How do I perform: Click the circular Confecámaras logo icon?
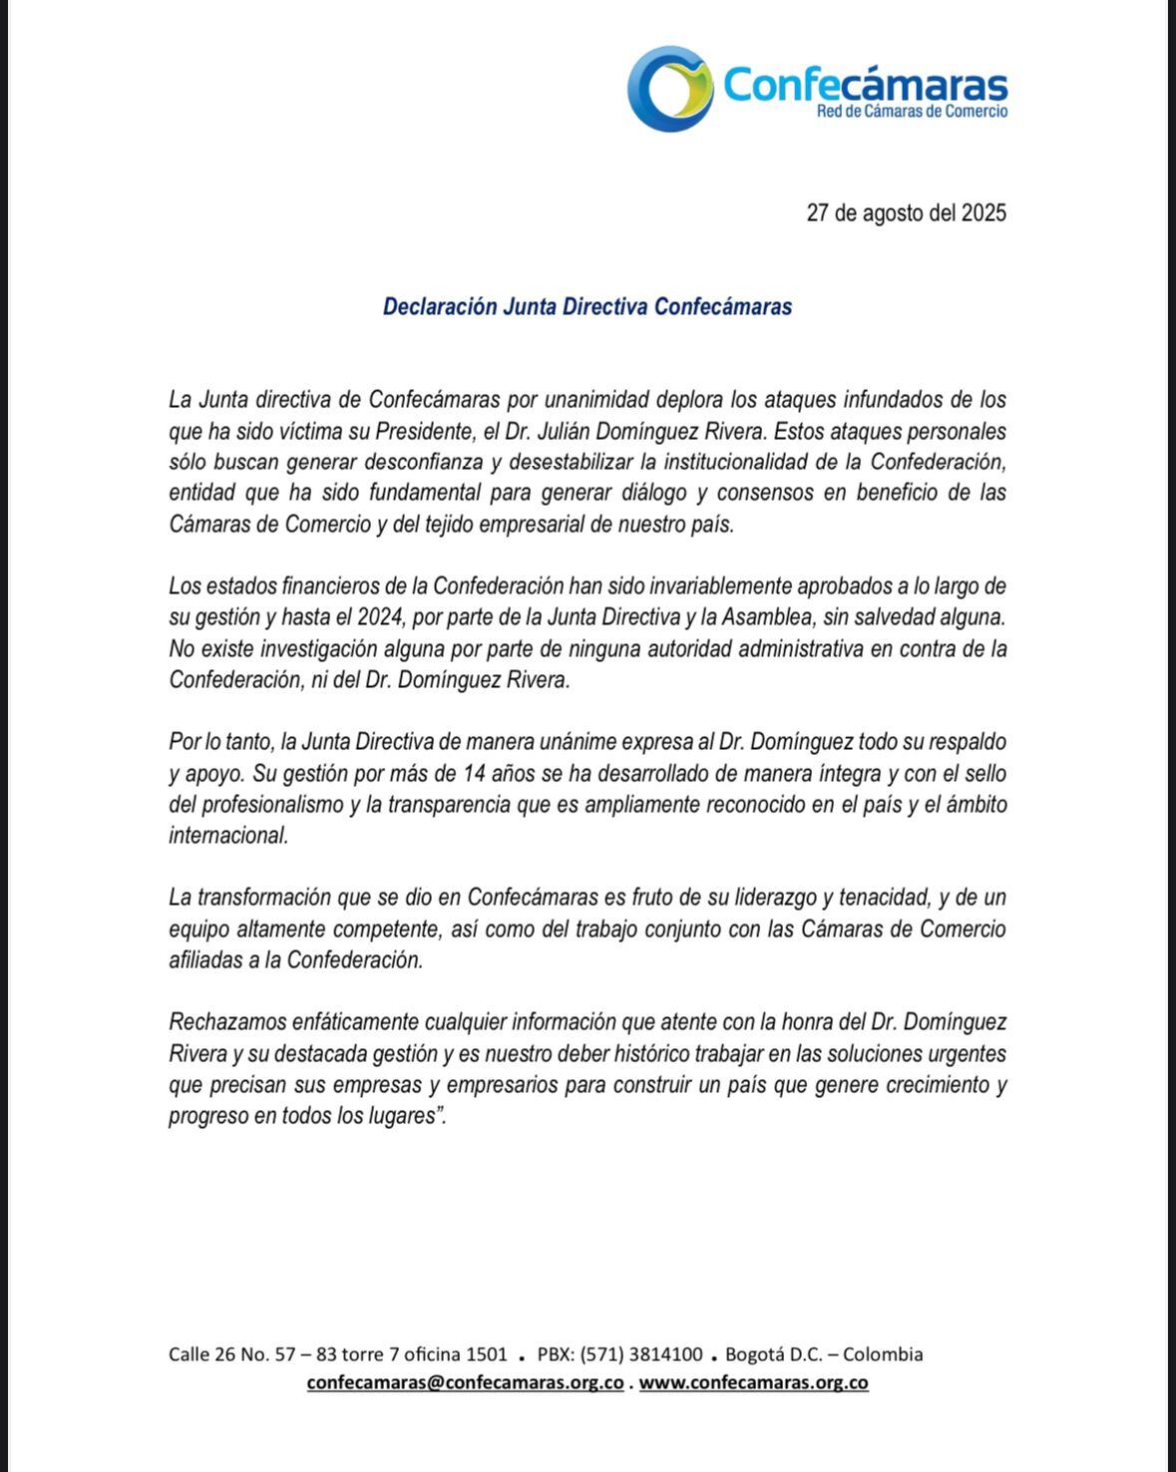(x=670, y=88)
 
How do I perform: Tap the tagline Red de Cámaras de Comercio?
(x=912, y=112)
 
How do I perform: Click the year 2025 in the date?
(x=983, y=213)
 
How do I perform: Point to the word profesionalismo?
(x=272, y=805)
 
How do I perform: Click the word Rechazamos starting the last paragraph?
(x=226, y=1022)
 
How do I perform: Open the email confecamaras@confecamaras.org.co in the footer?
(x=466, y=1383)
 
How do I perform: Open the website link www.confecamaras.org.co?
(x=753, y=1383)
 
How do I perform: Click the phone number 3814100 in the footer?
(x=665, y=1354)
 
